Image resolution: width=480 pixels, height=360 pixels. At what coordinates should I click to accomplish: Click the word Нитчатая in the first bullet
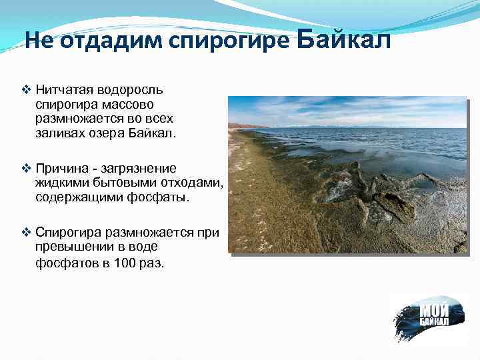pyautogui.click(x=63, y=89)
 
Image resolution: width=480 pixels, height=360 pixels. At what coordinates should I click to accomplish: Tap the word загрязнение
pyautogui.click(x=141, y=168)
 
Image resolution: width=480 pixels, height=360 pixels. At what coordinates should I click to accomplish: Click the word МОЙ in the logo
pyautogui.click(x=434, y=310)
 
